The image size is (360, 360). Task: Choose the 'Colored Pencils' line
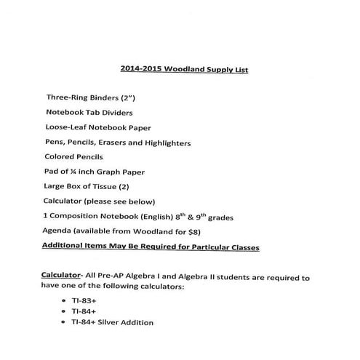pos(73,156)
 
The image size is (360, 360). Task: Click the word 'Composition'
pos(79,217)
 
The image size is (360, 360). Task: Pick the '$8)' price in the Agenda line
pos(192,232)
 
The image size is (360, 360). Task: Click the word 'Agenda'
pos(60,232)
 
